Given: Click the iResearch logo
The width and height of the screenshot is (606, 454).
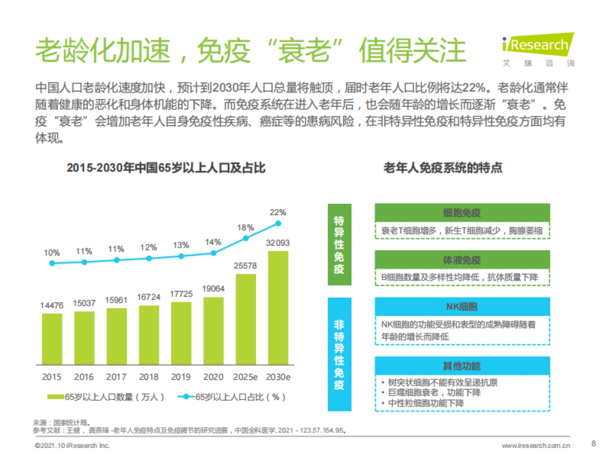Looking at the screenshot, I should click(x=538, y=49).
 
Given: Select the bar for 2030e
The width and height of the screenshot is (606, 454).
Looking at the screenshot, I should click(x=278, y=308).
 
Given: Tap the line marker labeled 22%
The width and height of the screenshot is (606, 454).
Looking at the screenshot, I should click(x=278, y=223).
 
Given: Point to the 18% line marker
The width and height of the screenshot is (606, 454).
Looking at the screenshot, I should click(x=246, y=238).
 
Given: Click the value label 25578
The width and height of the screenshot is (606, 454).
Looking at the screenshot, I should click(x=246, y=266).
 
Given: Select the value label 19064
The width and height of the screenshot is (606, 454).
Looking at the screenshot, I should click(x=214, y=289).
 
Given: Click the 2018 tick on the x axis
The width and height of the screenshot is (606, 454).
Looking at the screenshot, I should click(x=149, y=377).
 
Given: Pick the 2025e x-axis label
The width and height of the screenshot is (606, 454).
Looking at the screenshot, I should click(x=246, y=377).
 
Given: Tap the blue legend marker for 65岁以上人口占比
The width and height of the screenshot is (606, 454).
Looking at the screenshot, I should click(x=186, y=397).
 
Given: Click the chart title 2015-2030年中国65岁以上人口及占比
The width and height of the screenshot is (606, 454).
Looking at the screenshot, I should click(x=166, y=168).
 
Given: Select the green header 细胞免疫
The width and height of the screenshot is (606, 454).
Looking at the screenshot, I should click(x=462, y=212).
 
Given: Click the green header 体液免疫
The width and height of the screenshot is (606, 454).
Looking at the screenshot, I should click(x=462, y=260).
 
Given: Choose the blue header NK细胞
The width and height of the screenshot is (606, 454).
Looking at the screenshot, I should click(x=462, y=306).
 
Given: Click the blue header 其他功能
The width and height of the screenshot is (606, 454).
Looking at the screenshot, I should click(x=462, y=366).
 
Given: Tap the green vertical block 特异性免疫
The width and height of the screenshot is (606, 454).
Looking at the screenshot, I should click(x=339, y=245).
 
